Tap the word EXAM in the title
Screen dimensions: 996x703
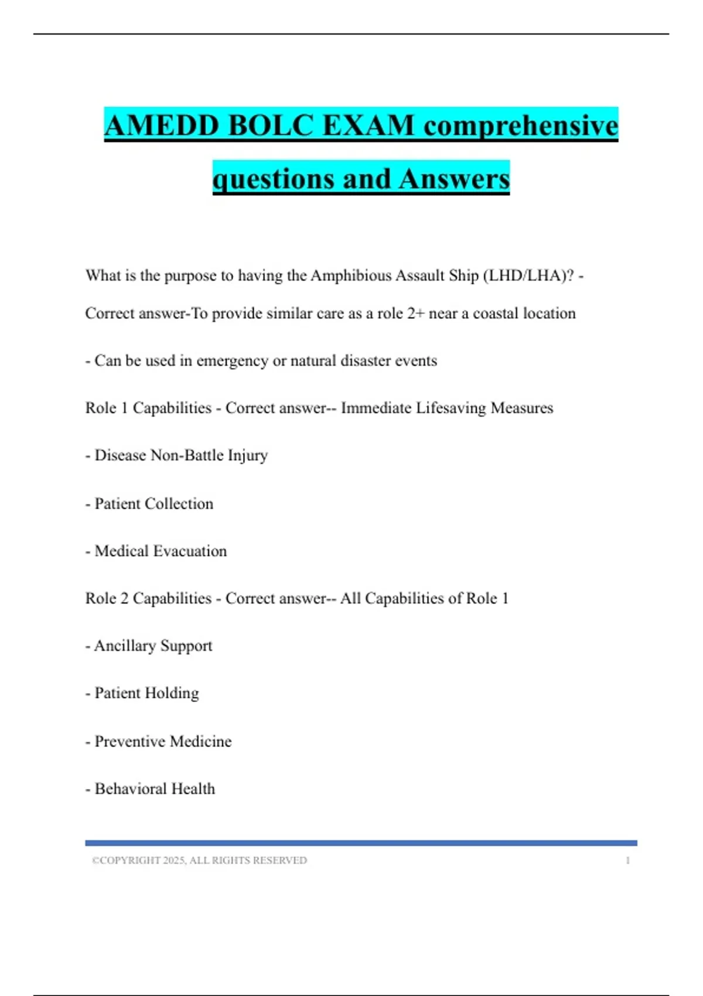coord(368,125)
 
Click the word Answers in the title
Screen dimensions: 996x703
coord(454,179)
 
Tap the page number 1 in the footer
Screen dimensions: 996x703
coord(627,860)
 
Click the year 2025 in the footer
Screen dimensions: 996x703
coord(174,860)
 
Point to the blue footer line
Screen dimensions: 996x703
coord(361,843)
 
